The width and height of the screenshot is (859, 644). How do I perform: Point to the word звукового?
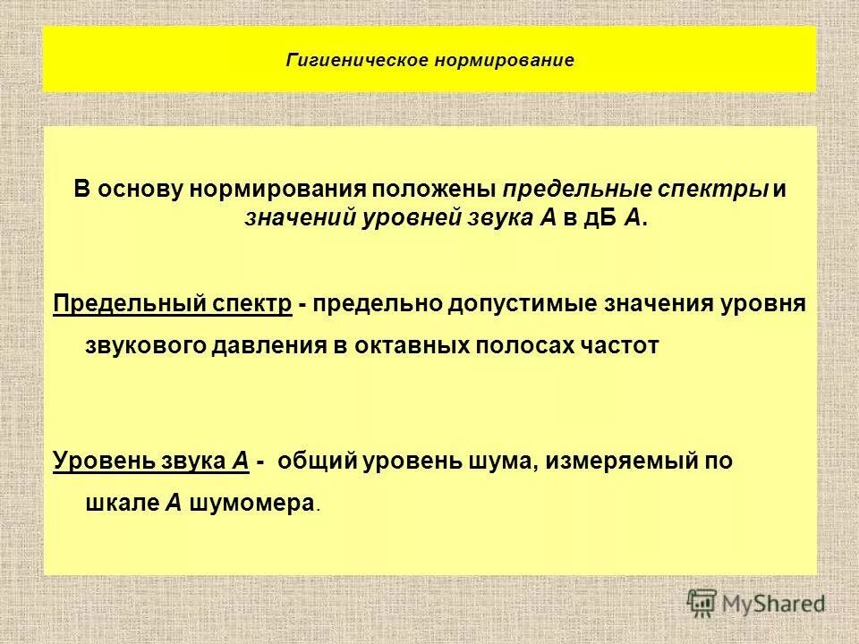point(144,347)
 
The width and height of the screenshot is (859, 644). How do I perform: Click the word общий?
point(317,462)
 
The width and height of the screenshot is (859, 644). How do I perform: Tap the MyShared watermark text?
point(773,605)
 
